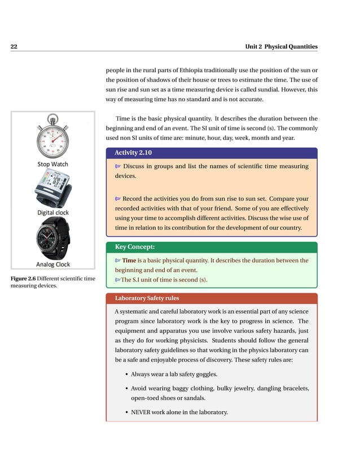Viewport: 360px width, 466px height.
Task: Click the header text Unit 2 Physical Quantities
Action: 281,47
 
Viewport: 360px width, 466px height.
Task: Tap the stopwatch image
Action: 52,139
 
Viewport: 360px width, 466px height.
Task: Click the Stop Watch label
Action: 52,164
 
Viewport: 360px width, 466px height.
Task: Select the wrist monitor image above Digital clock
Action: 53,188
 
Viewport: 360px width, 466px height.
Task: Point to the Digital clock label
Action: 53,213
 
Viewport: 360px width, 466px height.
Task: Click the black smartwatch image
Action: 53,238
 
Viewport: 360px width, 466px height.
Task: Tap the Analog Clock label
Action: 53,264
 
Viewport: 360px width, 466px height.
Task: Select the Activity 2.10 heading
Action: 133,153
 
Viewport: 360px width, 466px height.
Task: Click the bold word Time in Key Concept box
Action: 129,261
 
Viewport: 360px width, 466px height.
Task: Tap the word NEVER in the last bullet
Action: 142,412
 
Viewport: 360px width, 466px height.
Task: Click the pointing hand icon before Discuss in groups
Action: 117,167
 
